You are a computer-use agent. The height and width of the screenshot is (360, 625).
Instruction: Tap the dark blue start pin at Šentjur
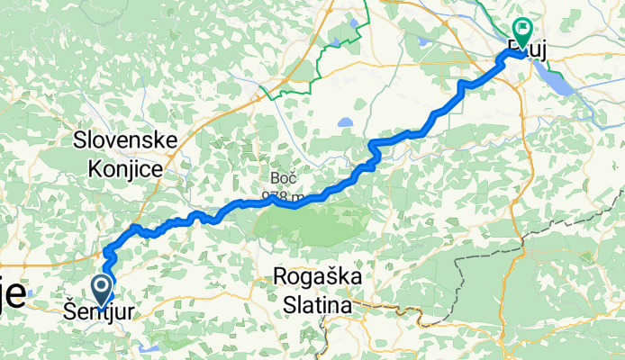pos(102,290)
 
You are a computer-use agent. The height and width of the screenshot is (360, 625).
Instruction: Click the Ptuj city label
pos(528,47)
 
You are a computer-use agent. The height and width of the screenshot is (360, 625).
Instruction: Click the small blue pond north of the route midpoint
pos(345,124)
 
